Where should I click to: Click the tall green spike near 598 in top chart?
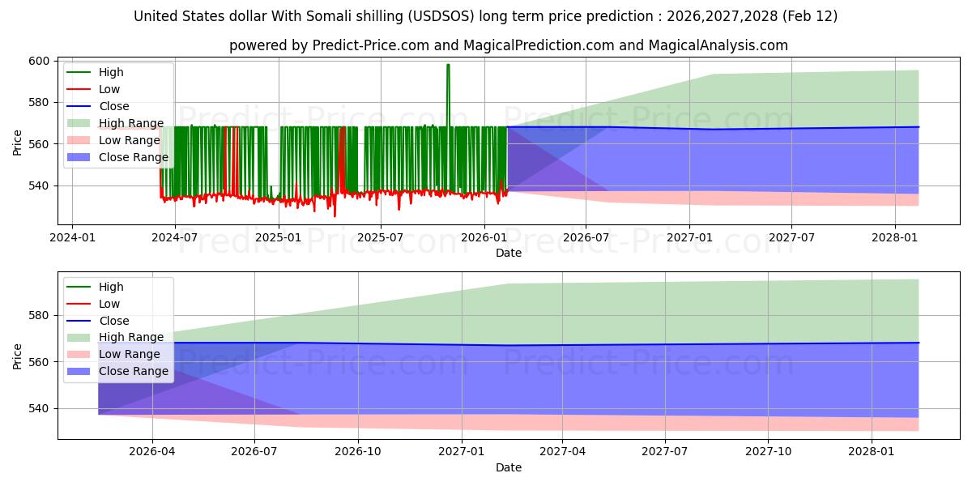point(448,66)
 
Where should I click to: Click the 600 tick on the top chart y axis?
point(40,61)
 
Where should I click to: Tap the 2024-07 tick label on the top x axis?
point(176,237)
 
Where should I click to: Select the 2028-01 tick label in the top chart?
point(894,237)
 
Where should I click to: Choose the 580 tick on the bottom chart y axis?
point(40,315)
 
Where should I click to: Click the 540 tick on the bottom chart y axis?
point(40,408)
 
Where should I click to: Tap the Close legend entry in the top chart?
point(113,106)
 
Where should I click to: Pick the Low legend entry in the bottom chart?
point(109,304)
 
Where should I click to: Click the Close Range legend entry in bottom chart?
point(134,372)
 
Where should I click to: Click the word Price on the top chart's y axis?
point(18,143)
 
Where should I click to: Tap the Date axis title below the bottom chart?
point(508,467)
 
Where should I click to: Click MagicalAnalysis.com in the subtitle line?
point(718,45)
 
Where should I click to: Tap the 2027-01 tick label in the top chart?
point(689,237)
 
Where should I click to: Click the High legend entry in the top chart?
point(111,72)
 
